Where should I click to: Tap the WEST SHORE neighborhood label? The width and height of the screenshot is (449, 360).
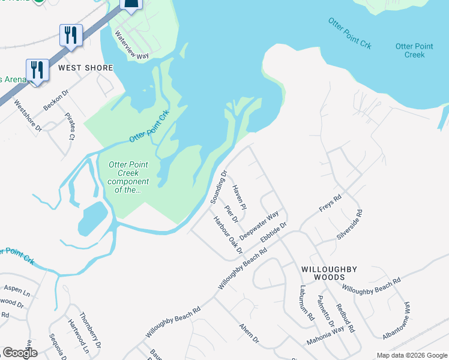click(85, 68)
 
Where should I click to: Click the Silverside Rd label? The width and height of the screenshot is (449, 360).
click(351, 224)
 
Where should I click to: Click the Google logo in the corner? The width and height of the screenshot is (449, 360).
click(20, 353)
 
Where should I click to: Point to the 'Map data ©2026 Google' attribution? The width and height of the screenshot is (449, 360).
click(411, 355)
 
